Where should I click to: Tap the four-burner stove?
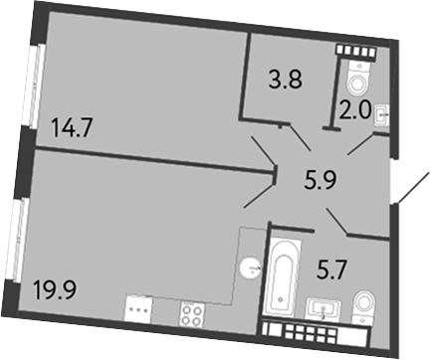coord(190,311)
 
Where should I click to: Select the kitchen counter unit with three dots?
coord(138,311)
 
